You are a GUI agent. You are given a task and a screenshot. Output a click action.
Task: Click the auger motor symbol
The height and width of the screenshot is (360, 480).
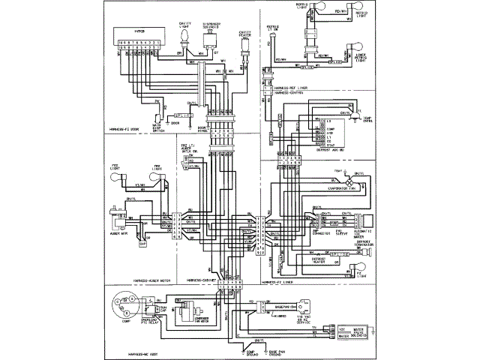tap(118, 219)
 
